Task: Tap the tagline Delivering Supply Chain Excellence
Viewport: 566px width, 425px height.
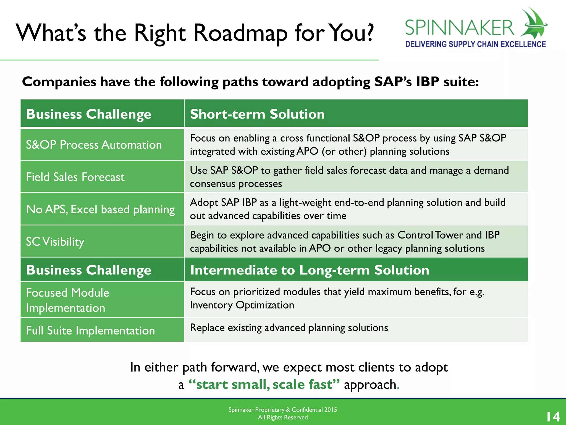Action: [475, 44]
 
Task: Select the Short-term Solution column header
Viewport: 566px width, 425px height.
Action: [257, 114]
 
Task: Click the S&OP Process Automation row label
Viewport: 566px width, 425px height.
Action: [94, 145]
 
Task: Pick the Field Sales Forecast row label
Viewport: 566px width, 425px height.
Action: [75, 177]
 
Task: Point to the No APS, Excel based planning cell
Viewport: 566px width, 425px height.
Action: [100, 209]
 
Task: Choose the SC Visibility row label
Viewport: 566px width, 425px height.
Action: [55, 242]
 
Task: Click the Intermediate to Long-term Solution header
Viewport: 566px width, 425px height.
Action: [310, 270]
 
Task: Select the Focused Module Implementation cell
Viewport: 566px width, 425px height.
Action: [68, 300]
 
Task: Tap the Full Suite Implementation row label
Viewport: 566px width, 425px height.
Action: [90, 330]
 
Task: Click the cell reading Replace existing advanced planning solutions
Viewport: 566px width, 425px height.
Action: [289, 328]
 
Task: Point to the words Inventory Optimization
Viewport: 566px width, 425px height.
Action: [242, 305]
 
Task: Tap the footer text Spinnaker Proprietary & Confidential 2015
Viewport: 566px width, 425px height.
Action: [282, 410]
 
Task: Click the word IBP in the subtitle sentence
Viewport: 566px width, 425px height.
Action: [428, 82]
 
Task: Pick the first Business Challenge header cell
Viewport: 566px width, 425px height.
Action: [89, 114]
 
